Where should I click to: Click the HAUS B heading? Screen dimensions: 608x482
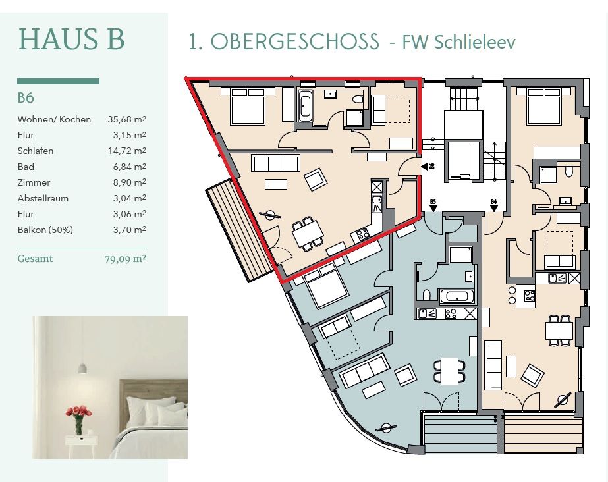(x=71, y=39)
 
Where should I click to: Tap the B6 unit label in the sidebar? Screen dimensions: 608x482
(x=26, y=97)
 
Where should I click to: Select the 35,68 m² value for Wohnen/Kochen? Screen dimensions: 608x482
(x=126, y=119)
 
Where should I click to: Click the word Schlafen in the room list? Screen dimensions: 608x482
(x=36, y=151)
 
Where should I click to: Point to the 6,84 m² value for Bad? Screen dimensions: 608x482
(x=130, y=167)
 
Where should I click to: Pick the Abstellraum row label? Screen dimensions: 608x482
(x=43, y=198)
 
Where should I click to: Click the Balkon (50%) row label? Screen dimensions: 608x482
(x=45, y=230)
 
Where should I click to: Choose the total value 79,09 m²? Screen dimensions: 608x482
(x=125, y=259)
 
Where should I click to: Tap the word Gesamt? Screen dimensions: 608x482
(x=36, y=258)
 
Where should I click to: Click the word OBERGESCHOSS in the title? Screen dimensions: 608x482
(x=294, y=41)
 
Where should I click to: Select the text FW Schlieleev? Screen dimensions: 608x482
(x=458, y=42)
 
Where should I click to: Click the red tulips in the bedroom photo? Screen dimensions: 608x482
(x=78, y=412)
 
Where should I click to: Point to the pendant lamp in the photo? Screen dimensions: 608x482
(x=82, y=367)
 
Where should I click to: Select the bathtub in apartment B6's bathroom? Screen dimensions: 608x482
(x=305, y=105)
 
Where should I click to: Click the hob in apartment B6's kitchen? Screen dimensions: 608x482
(x=362, y=234)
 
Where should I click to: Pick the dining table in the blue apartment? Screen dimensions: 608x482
(x=450, y=371)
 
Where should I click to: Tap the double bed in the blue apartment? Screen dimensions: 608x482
(x=325, y=285)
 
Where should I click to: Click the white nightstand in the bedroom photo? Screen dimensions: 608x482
(x=82, y=446)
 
